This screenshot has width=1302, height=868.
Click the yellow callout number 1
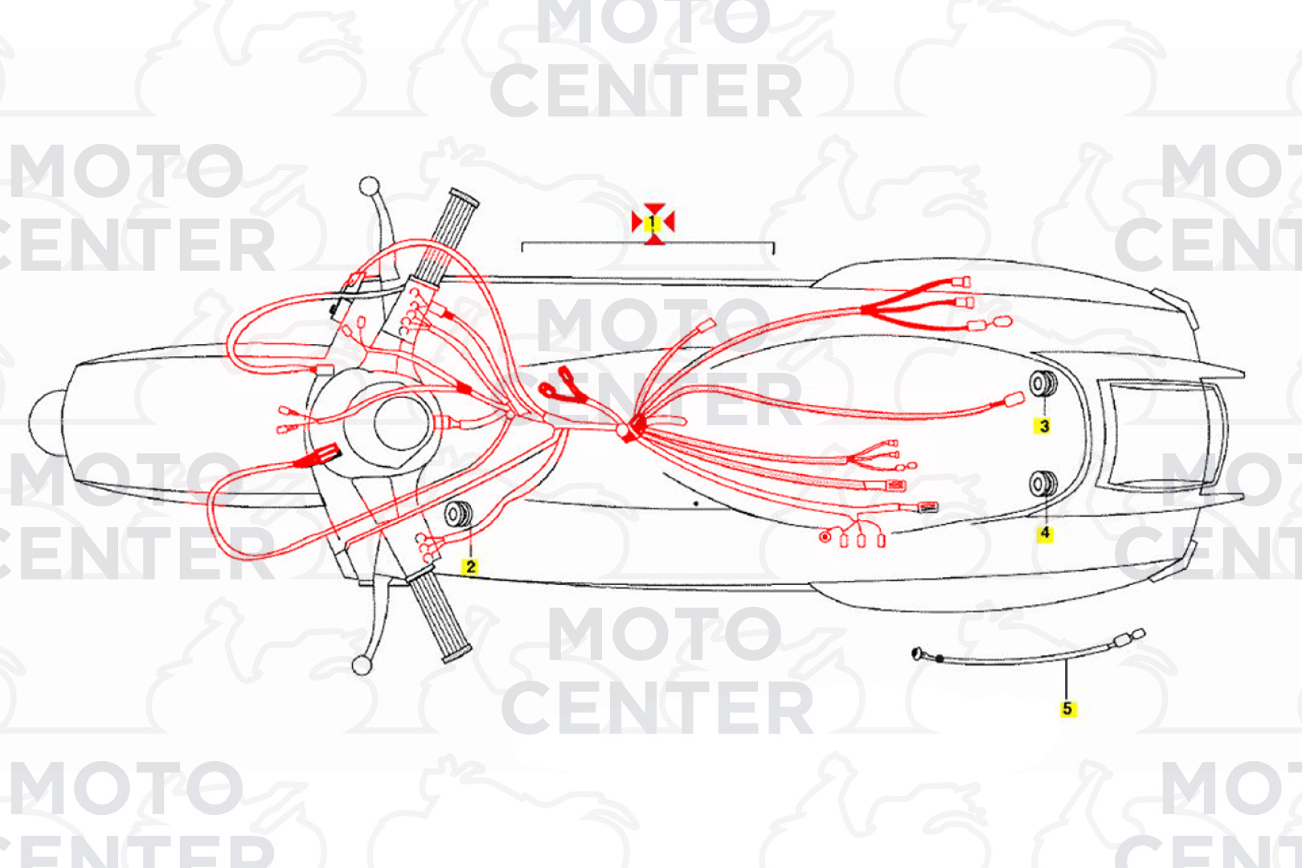click(x=653, y=223)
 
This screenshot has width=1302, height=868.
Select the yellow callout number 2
click(x=469, y=567)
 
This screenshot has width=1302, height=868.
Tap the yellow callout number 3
click(x=1044, y=426)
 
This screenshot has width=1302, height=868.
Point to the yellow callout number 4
click(x=1045, y=533)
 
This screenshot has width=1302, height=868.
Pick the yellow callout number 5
click(x=1067, y=709)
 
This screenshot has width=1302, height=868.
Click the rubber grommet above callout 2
click(x=459, y=514)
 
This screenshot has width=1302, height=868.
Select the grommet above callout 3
click(x=1044, y=383)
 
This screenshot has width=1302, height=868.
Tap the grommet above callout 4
click(x=1044, y=485)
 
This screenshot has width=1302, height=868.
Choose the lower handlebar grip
click(x=440, y=616)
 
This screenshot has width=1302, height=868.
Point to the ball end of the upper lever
click(x=369, y=186)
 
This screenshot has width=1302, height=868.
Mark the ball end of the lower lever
click(x=362, y=665)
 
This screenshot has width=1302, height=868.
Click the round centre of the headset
click(x=402, y=424)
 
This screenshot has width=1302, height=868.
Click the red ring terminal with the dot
click(x=825, y=537)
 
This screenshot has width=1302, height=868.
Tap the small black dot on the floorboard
click(x=696, y=503)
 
